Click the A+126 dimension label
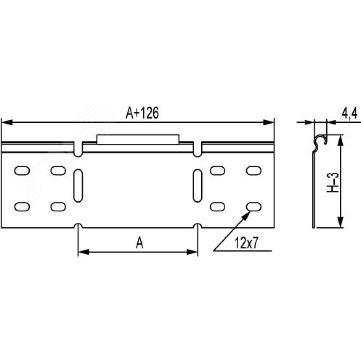pyautogui.click(x=142, y=113)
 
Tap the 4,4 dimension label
pyautogui.click(x=349, y=114)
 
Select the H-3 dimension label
pyautogui.click(x=333, y=182)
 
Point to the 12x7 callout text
pyautogui.click(x=246, y=243)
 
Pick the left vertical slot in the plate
pyautogui.click(x=78, y=185)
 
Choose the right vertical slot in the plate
pyautogui.click(x=198, y=185)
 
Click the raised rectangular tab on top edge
pyautogui.click(x=138, y=139)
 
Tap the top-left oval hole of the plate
pyautogui.click(x=22, y=171)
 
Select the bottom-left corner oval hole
pyautogui.click(x=22, y=207)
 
